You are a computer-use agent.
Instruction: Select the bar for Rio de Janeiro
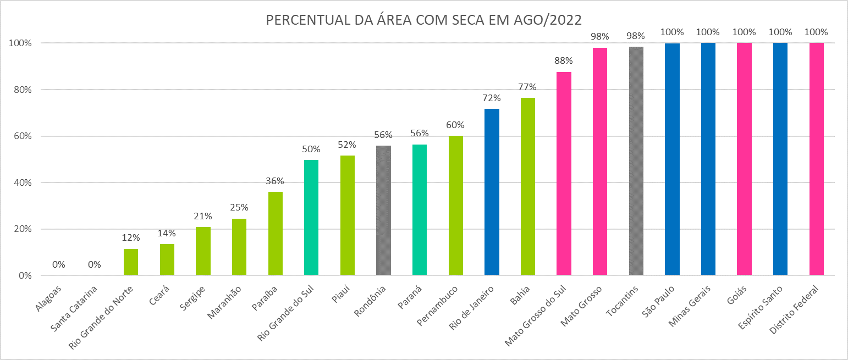tap(492, 192)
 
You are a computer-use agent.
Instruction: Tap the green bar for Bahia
tap(528, 187)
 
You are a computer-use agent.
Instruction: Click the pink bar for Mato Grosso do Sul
tap(564, 174)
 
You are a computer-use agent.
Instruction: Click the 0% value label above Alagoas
tap(59, 264)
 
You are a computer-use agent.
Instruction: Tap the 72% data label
tap(492, 98)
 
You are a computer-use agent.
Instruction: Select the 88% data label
tap(564, 60)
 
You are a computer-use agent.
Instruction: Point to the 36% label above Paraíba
tap(275, 181)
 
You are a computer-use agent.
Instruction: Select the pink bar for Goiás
tap(744, 159)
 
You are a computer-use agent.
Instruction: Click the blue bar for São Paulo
tap(672, 159)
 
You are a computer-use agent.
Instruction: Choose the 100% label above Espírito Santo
tap(780, 32)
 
